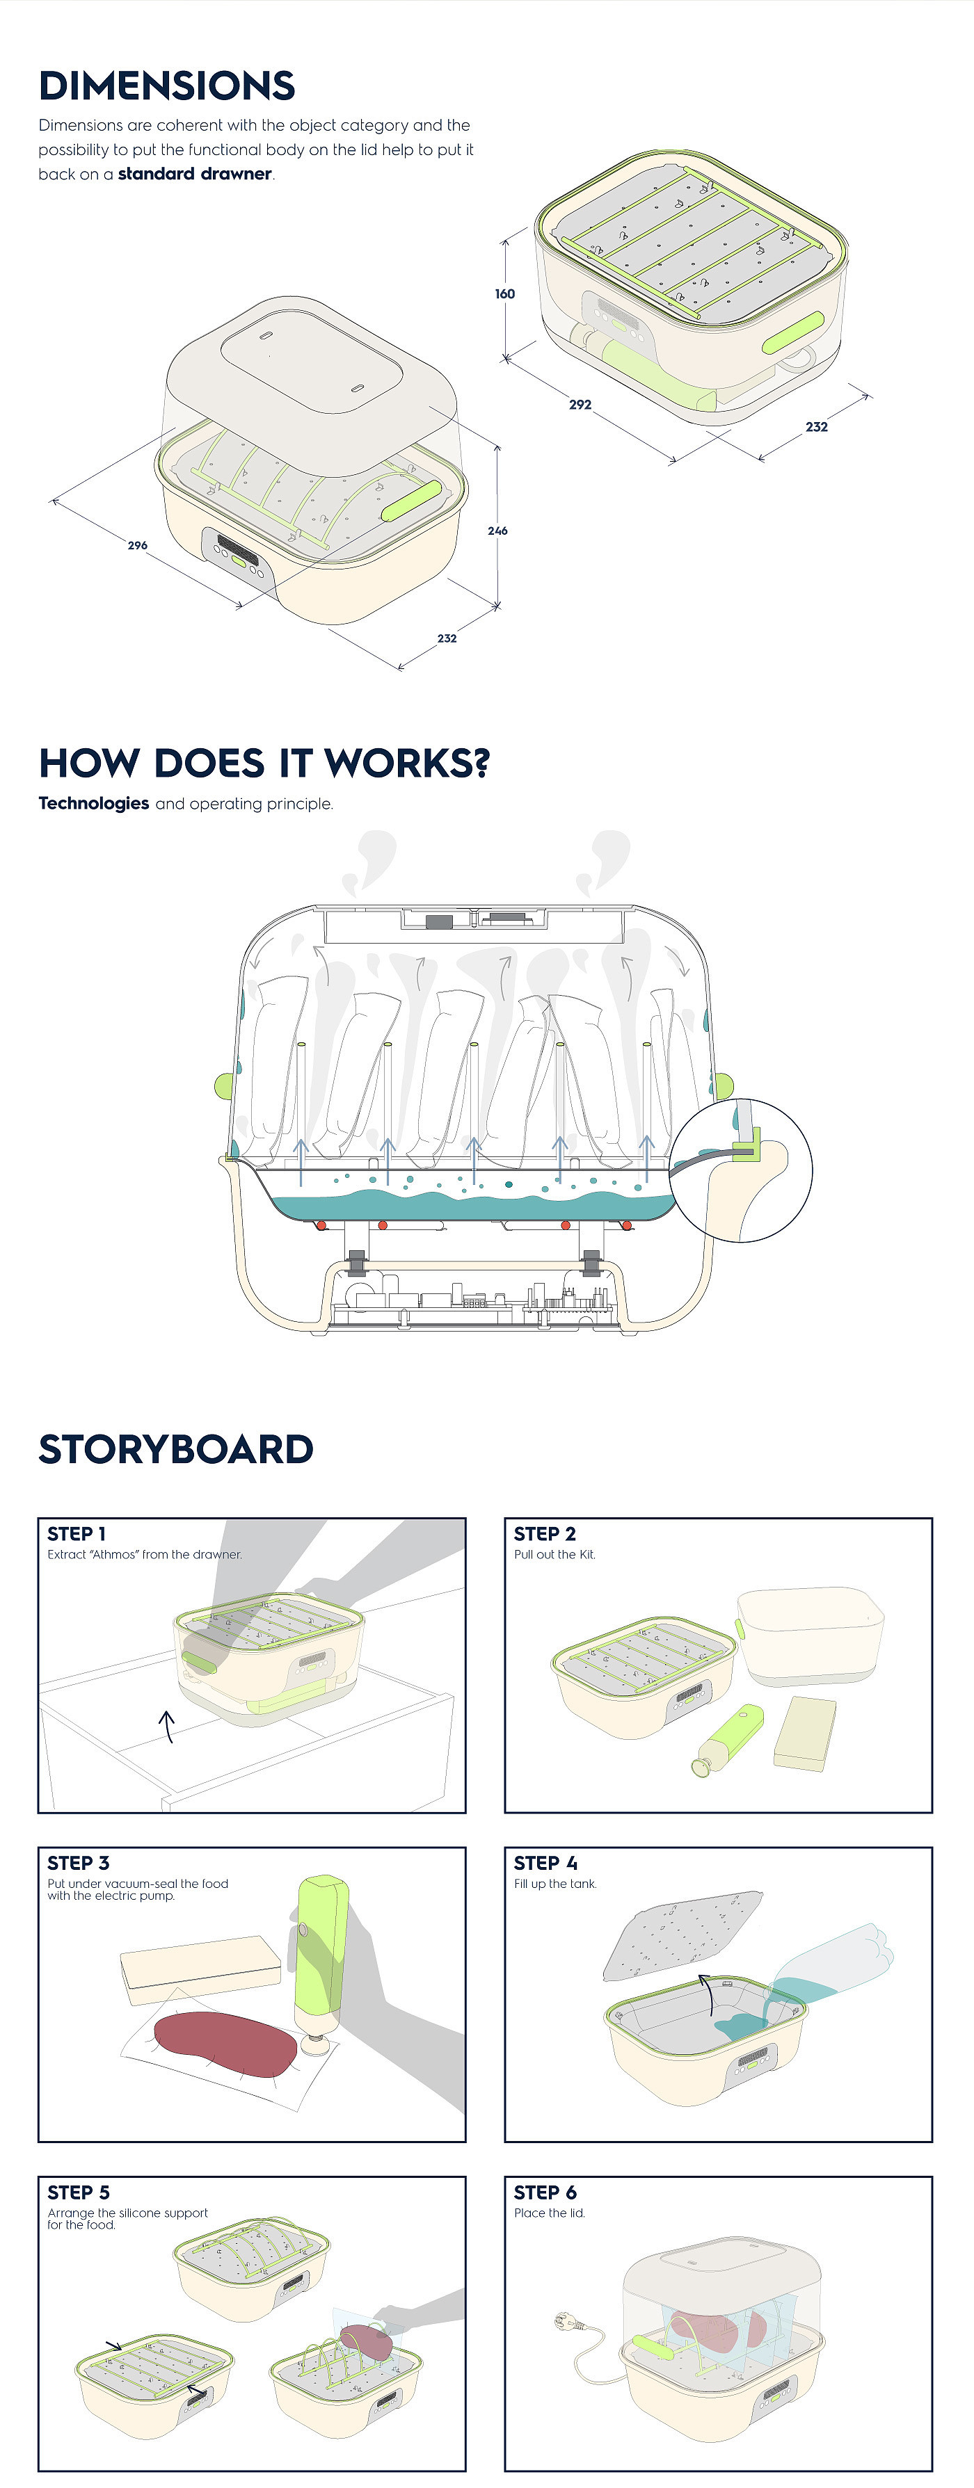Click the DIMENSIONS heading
click(166, 86)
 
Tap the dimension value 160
click(504, 293)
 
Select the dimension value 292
click(580, 405)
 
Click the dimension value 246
click(497, 531)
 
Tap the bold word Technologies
click(94, 804)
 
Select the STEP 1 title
click(77, 1534)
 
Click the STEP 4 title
click(545, 1863)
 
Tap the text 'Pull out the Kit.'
click(554, 1555)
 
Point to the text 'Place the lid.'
click(549, 2213)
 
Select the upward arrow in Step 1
click(167, 1726)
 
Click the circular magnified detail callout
click(741, 1170)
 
